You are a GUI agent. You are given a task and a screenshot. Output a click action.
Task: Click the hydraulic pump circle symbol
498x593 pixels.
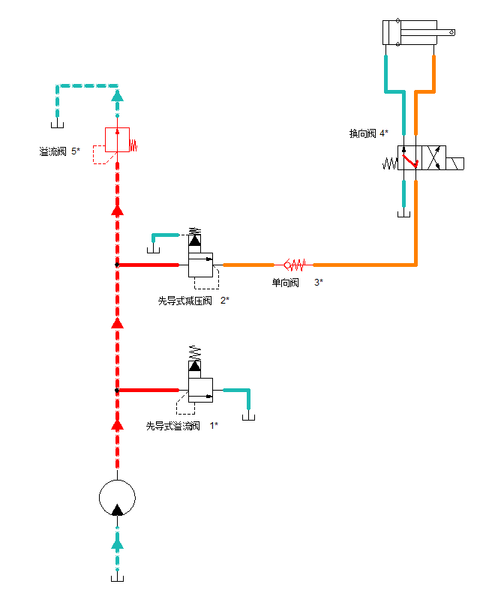pos(117,498)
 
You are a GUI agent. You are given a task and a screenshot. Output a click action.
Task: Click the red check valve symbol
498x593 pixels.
pos(295,265)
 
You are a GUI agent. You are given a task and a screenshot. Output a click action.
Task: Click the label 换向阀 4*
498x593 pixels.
pos(368,133)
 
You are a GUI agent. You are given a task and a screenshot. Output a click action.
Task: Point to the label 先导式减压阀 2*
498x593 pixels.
pos(193,301)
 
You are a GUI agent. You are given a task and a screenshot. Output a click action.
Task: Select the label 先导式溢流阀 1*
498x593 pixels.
pos(181,426)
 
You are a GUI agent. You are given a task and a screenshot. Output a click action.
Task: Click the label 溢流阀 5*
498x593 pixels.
pos(59,151)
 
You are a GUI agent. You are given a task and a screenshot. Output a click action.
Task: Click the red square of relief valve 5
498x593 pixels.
pos(117,139)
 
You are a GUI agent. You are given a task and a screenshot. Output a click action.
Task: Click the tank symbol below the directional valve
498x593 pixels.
pos(403,214)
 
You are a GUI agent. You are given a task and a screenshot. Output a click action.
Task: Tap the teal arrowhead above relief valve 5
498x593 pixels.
pos(117,96)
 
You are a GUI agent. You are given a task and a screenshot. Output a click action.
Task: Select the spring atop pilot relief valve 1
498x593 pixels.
pos(195,352)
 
